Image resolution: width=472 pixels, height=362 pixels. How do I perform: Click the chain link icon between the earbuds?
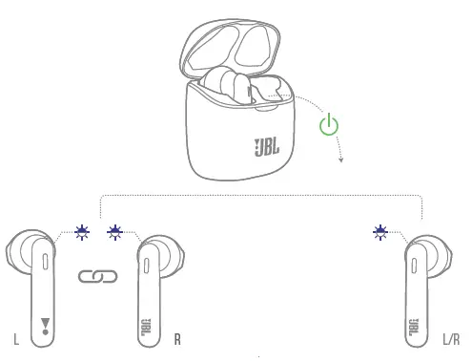click(x=96, y=277)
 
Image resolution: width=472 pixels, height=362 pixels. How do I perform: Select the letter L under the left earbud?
click(x=16, y=338)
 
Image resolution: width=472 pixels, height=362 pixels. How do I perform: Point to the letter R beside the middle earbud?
click(x=177, y=338)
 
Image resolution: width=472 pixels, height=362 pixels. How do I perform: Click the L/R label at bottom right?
click(x=451, y=338)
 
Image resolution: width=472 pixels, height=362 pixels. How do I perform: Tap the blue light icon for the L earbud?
click(x=84, y=230)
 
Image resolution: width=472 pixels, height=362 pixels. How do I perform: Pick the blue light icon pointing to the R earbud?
click(x=116, y=230)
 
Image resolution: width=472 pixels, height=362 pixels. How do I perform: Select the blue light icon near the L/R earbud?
click(x=381, y=230)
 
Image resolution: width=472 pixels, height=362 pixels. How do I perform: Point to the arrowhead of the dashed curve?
click(x=339, y=160)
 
